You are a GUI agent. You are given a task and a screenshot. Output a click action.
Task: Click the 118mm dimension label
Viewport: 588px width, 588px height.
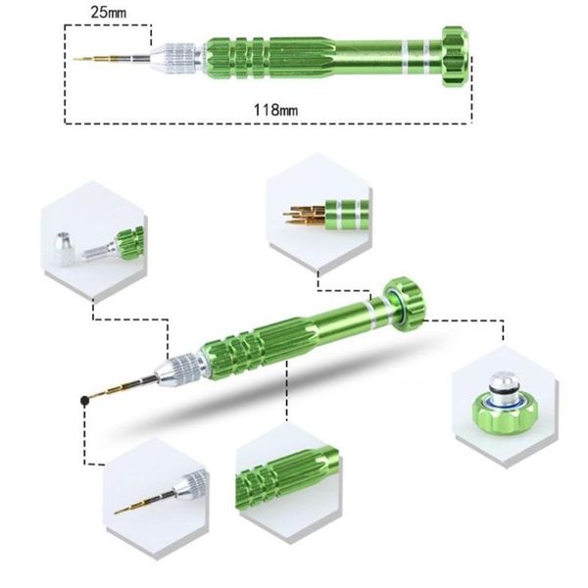(x=276, y=109)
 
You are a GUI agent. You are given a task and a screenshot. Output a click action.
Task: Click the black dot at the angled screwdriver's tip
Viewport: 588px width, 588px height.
(x=85, y=399)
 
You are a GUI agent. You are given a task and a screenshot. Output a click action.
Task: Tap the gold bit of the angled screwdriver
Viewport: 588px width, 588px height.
(x=127, y=387)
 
